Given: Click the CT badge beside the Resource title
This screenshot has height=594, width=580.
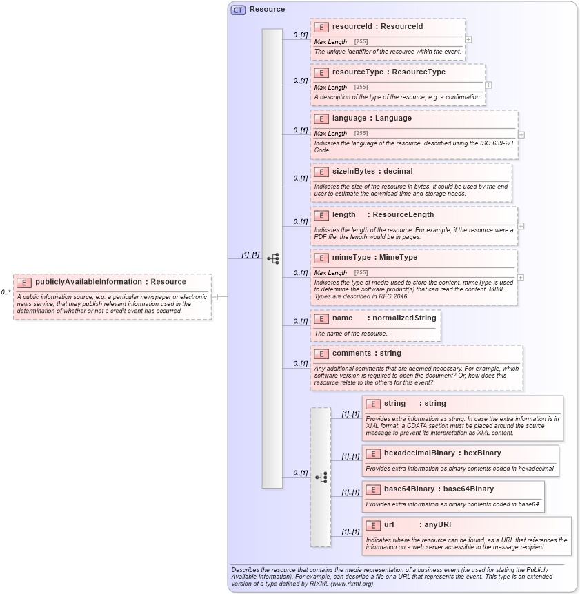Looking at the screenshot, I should pyautogui.click(x=238, y=10).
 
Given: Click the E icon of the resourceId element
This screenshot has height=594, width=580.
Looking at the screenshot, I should pyautogui.click(x=321, y=27).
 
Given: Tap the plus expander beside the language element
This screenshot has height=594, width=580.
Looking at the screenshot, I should pyautogui.click(x=521, y=135).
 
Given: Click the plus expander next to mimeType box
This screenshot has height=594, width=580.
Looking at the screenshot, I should pyautogui.click(x=521, y=278).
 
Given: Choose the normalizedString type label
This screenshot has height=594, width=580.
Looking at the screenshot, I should pyautogui.click(x=405, y=318).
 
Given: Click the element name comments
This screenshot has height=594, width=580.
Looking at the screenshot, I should pyautogui.click(x=352, y=353).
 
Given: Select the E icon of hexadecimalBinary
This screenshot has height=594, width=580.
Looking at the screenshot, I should pyautogui.click(x=372, y=453).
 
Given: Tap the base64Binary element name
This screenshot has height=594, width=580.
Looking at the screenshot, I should pyautogui.click(x=409, y=489).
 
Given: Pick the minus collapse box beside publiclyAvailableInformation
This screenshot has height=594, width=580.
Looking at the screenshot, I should pyautogui.click(x=214, y=297).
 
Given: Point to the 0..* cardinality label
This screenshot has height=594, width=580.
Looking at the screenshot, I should pyautogui.click(x=6, y=292).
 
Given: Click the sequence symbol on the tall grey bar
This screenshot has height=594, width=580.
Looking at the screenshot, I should pyautogui.click(x=272, y=258).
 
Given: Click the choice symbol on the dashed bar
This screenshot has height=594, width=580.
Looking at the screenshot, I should pyautogui.click(x=321, y=477).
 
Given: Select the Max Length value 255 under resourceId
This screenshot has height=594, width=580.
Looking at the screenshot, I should pyautogui.click(x=361, y=42).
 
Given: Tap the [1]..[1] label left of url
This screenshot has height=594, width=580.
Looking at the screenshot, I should pyautogui.click(x=350, y=531).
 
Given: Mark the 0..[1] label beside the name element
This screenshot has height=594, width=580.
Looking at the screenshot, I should pyautogui.click(x=300, y=321).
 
